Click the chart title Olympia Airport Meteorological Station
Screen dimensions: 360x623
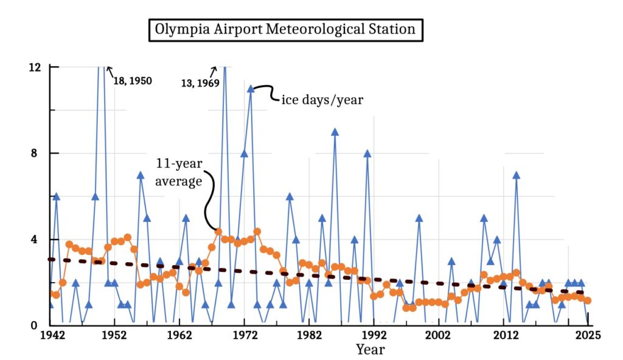285,29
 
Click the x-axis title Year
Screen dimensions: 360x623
370,349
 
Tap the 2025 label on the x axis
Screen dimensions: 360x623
587,336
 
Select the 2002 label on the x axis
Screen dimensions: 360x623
438,336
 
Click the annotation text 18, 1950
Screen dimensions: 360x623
133,80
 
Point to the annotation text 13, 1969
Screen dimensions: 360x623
200,83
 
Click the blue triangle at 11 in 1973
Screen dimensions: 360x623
250,88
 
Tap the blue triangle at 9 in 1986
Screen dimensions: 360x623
335,131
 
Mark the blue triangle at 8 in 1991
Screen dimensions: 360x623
367,153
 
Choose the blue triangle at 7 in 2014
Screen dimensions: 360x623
516,175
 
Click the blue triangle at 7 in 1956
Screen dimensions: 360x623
140,175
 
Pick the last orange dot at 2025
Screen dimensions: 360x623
587,300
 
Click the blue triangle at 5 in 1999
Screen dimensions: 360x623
419,218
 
